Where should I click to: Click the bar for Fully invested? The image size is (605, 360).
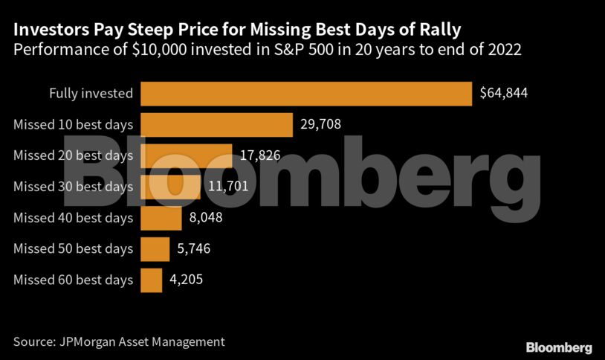(306, 94)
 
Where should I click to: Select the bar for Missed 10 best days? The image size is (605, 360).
(216, 125)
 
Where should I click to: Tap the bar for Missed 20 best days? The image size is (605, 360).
(186, 155)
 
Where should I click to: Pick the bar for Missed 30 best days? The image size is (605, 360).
(171, 187)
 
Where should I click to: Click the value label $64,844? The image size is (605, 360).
(505, 94)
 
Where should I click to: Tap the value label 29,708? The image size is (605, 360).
(320, 125)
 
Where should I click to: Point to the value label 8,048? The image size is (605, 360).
(205, 218)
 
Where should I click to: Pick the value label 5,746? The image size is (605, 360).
(193, 248)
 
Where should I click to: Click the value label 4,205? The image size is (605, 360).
(186, 280)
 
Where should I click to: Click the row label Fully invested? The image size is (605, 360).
(91, 94)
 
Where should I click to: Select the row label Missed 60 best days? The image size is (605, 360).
(74, 280)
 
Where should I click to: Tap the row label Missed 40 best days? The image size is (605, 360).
(74, 218)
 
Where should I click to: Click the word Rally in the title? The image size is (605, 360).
(438, 30)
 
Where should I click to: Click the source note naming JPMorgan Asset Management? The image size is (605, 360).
(119, 341)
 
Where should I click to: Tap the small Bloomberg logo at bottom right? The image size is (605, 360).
(559, 347)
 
